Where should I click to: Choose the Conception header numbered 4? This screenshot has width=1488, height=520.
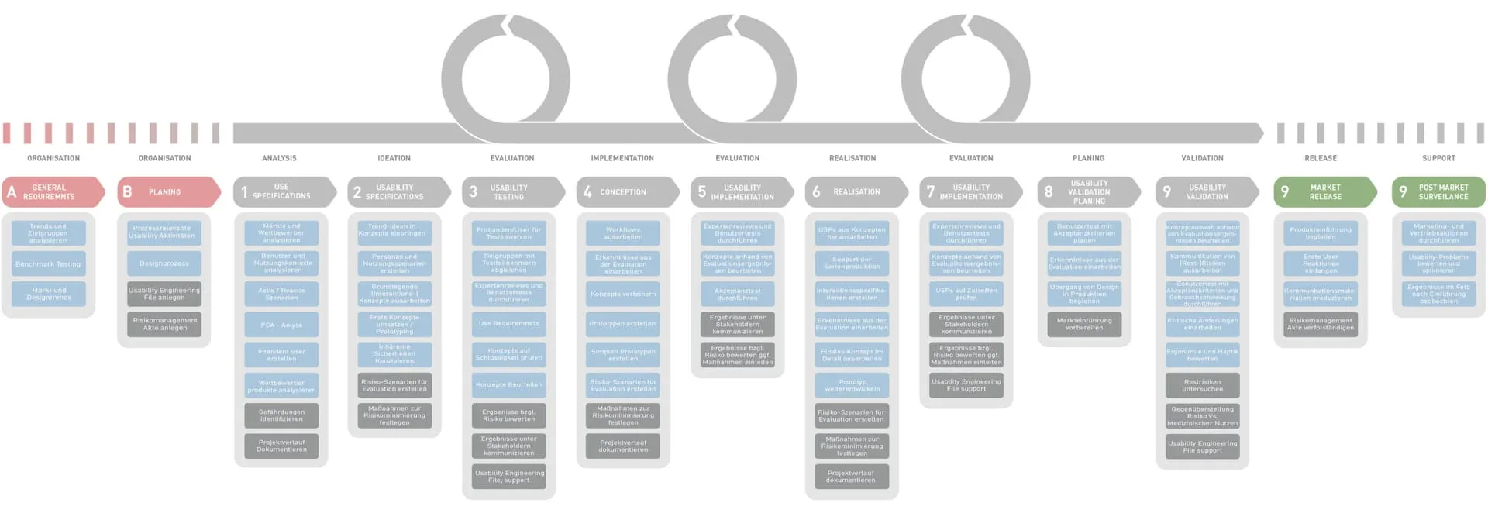(x=622, y=192)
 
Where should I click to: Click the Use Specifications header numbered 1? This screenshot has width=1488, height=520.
(x=281, y=192)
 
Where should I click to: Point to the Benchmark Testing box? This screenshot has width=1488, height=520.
(x=48, y=264)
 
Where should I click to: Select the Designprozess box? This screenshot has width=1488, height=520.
(x=164, y=263)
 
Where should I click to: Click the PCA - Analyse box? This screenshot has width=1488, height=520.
(x=281, y=325)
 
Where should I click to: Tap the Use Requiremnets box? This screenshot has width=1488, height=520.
(x=508, y=324)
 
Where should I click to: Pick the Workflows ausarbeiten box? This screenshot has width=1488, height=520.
(x=622, y=233)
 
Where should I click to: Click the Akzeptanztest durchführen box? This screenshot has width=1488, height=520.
(x=737, y=294)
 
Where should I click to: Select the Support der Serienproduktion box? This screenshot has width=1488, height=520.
(x=852, y=263)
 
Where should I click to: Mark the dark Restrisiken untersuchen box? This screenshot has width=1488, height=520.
(x=1202, y=385)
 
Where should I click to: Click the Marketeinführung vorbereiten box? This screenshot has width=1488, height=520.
(x=1084, y=324)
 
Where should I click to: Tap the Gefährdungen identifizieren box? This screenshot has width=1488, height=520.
(x=281, y=415)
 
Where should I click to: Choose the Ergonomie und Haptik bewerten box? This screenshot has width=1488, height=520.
(x=1202, y=355)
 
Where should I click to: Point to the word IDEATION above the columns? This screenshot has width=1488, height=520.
(x=394, y=158)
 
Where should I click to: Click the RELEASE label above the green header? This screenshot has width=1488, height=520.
(x=1321, y=158)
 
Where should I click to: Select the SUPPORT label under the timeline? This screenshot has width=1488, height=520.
(x=1438, y=158)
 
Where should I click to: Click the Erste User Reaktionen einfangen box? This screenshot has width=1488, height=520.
(x=1321, y=263)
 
